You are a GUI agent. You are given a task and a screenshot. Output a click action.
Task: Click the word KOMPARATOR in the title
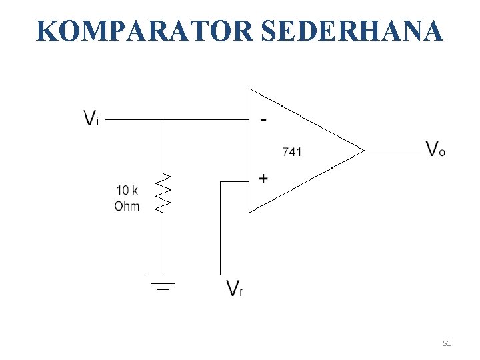tap(141, 31)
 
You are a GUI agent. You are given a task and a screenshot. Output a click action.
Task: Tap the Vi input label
tap(91, 119)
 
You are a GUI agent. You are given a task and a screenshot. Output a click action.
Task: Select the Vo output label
tap(435, 148)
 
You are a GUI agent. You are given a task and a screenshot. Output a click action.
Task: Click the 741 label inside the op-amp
tap(291, 152)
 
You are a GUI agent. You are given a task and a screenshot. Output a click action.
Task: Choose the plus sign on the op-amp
tap(263, 179)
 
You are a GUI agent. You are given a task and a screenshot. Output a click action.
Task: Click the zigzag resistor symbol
tap(163, 193)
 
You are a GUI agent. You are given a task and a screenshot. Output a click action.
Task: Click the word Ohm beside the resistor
tap(127, 206)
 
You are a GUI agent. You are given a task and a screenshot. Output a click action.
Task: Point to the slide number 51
tap(447, 343)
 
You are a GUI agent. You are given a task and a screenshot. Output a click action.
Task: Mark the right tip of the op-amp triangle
tap(364, 150)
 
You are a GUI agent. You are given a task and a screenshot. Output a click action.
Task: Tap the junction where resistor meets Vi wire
tap(163, 121)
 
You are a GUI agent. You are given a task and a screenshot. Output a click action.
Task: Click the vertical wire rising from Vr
tap(221, 227)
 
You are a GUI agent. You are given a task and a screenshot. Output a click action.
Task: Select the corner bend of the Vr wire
tap(221, 180)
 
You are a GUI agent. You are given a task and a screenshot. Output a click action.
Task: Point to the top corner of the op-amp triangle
tap(249, 89)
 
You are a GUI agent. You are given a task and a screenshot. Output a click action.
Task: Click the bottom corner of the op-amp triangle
tap(249, 212)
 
